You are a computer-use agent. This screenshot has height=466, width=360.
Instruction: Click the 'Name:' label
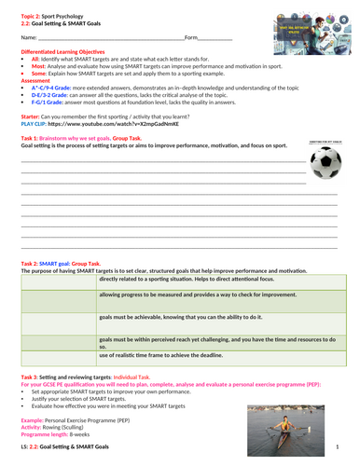click(28, 37)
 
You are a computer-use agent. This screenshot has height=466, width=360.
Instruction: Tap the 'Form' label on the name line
click(191, 37)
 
